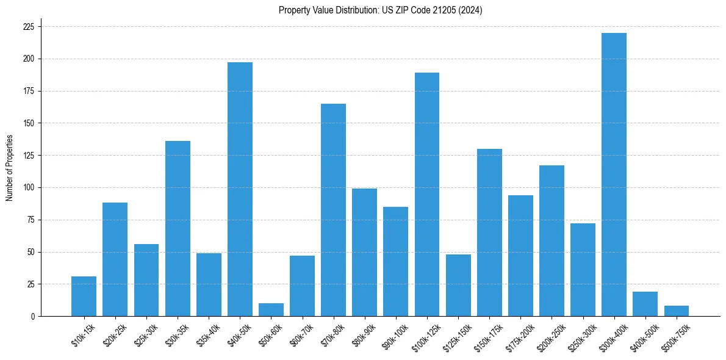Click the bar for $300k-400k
pos(614,175)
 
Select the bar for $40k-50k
pos(240,189)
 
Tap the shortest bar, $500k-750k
pos(676,311)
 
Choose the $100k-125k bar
pos(427,195)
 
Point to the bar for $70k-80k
pos(333,210)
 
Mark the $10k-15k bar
pos(84,297)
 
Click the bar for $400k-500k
pos(645,304)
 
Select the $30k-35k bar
pos(178,229)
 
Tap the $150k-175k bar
pos(489,232)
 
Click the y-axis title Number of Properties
pos(10,168)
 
